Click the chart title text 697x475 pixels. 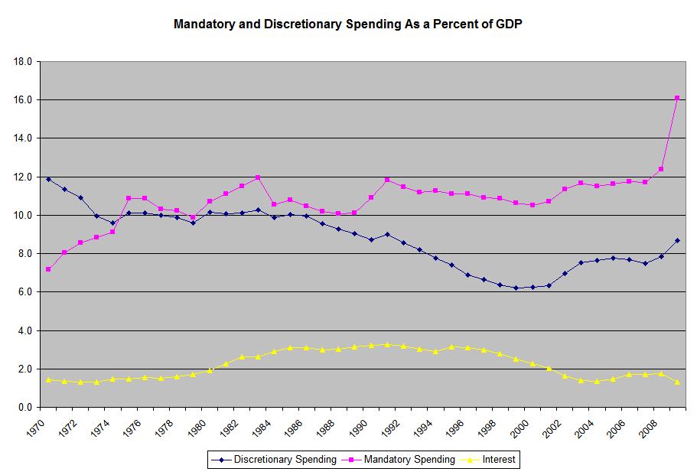348,24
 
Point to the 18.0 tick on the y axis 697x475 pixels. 23,62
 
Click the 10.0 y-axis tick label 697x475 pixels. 23,216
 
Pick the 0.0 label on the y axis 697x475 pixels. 25,408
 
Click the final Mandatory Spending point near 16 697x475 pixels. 677,98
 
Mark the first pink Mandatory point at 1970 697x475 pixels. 48,269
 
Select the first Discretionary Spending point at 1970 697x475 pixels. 48,179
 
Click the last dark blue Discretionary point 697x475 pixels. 677,240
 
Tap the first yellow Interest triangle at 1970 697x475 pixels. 48,379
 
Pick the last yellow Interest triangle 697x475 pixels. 677,382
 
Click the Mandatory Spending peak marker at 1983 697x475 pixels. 257,177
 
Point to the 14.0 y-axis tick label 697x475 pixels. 23,138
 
